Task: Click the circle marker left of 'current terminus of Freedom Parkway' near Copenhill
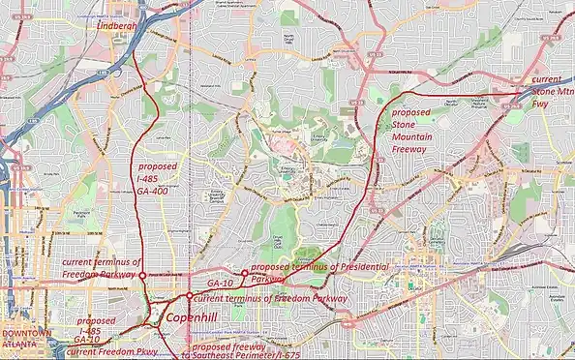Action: point(189,298)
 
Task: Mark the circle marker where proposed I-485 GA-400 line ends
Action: point(141,276)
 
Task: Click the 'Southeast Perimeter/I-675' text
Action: point(237,356)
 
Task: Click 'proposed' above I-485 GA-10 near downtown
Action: point(96,319)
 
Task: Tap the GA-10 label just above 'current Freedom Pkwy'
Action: point(88,341)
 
